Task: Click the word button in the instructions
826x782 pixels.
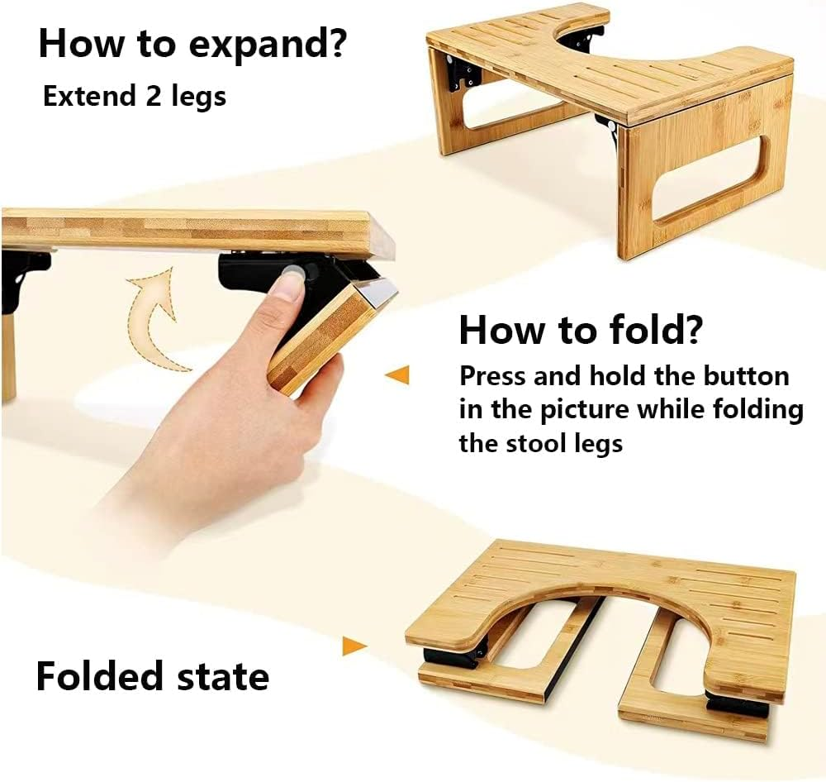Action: (746, 376)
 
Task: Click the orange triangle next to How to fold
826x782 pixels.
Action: (398, 376)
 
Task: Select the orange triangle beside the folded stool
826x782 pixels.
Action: (354, 646)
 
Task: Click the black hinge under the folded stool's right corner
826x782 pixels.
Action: (738, 705)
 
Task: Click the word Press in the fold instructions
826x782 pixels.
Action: (493, 376)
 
